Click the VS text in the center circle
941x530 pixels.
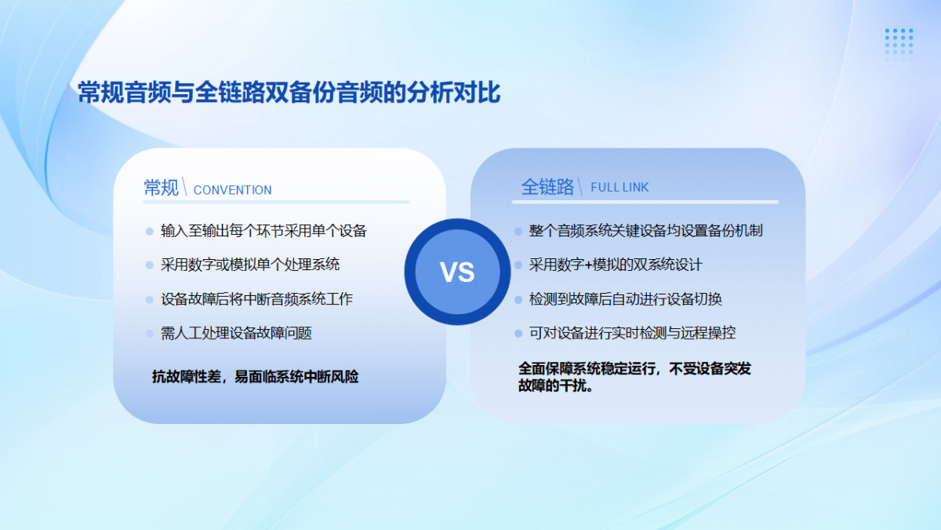[457, 272]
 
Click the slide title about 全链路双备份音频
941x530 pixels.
[289, 92]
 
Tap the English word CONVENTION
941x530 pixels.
[232, 190]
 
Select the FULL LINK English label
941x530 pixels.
[619, 187]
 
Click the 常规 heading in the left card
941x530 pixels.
[162, 188]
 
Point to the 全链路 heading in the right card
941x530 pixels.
[547, 187]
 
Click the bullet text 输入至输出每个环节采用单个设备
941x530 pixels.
[263, 231]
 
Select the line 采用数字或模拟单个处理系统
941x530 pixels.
[250, 265]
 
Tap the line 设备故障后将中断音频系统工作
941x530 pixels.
[256, 299]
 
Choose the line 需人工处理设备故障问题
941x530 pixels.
[236, 333]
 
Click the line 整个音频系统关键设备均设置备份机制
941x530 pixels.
[645, 231]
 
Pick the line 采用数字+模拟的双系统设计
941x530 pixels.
[616, 265]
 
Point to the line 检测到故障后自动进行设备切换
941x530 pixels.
[626, 299]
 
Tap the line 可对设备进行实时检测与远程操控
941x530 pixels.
[632, 333]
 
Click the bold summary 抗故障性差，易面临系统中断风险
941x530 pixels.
[256, 377]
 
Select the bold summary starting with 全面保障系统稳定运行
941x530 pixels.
[634, 377]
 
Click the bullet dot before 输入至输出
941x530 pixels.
[149, 232]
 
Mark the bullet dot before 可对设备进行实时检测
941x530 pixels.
[518, 334]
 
